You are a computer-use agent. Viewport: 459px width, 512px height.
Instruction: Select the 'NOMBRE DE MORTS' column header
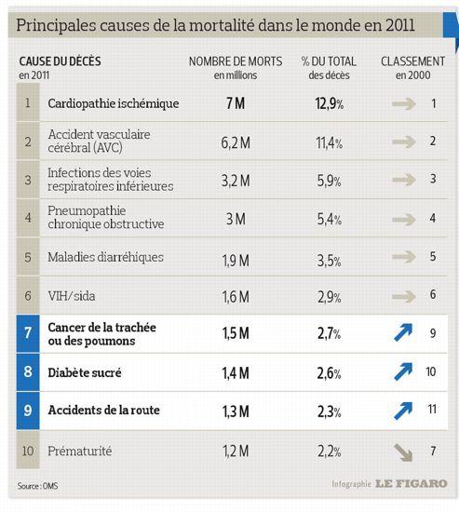(236, 61)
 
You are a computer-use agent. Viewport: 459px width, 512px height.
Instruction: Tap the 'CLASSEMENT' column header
(413, 61)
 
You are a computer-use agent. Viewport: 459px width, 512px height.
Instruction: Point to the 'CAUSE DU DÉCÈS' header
(61, 61)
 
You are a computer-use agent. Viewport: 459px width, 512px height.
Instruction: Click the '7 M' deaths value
(236, 103)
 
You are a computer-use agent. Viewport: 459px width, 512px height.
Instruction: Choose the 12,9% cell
(330, 104)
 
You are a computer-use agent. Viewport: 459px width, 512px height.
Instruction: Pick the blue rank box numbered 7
(28, 333)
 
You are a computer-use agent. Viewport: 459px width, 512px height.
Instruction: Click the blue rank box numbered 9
(28, 411)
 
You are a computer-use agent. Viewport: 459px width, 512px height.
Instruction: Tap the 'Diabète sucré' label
(85, 372)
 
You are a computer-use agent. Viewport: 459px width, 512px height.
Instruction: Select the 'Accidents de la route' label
(104, 411)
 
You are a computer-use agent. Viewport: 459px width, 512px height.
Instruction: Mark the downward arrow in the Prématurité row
(403, 452)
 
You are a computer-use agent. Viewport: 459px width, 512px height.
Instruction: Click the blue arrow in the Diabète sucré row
(403, 371)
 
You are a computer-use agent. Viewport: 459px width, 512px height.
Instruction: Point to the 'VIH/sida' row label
(72, 296)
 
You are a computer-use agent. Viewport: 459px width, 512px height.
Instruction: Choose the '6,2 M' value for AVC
(236, 142)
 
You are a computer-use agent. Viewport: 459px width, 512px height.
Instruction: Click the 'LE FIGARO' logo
(411, 483)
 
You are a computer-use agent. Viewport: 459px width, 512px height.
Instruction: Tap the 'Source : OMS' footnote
(37, 486)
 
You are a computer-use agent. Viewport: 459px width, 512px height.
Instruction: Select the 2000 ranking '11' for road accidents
(432, 410)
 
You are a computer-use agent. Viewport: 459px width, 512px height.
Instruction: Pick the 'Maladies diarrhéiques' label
(105, 257)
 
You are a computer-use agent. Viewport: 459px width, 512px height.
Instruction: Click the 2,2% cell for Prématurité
(330, 451)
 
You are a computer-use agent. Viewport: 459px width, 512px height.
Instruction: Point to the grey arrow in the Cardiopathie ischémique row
(404, 104)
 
